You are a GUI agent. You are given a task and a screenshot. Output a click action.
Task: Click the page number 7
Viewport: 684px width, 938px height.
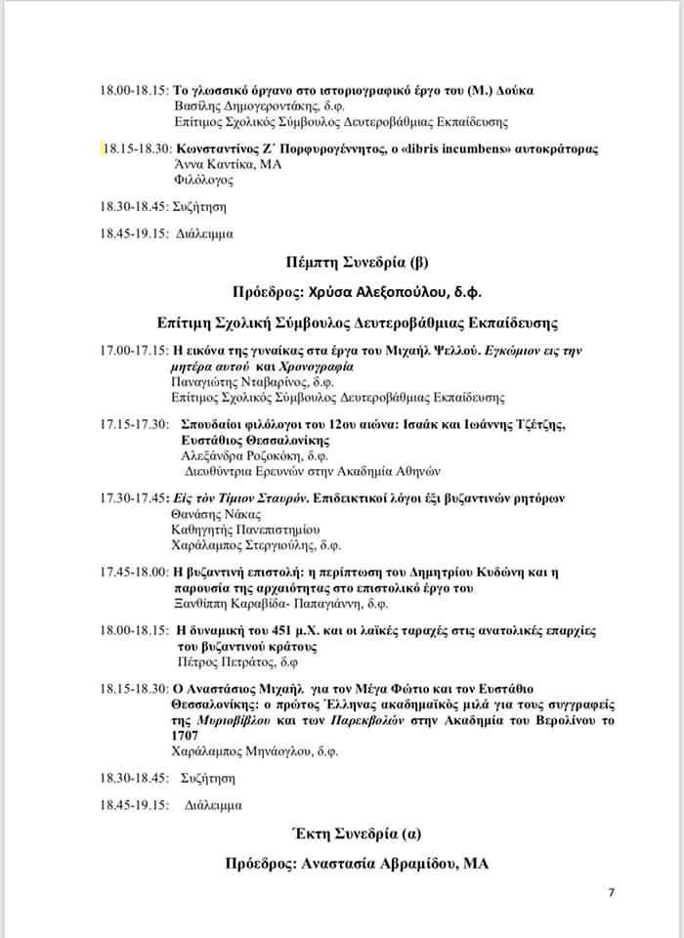tap(612, 892)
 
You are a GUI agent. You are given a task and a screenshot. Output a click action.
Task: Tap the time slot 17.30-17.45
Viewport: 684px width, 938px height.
tap(134, 498)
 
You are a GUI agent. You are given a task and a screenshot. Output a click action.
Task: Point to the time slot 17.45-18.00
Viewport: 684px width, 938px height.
tap(134, 571)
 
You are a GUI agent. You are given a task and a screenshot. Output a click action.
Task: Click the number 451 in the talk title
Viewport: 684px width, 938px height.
tap(280, 629)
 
